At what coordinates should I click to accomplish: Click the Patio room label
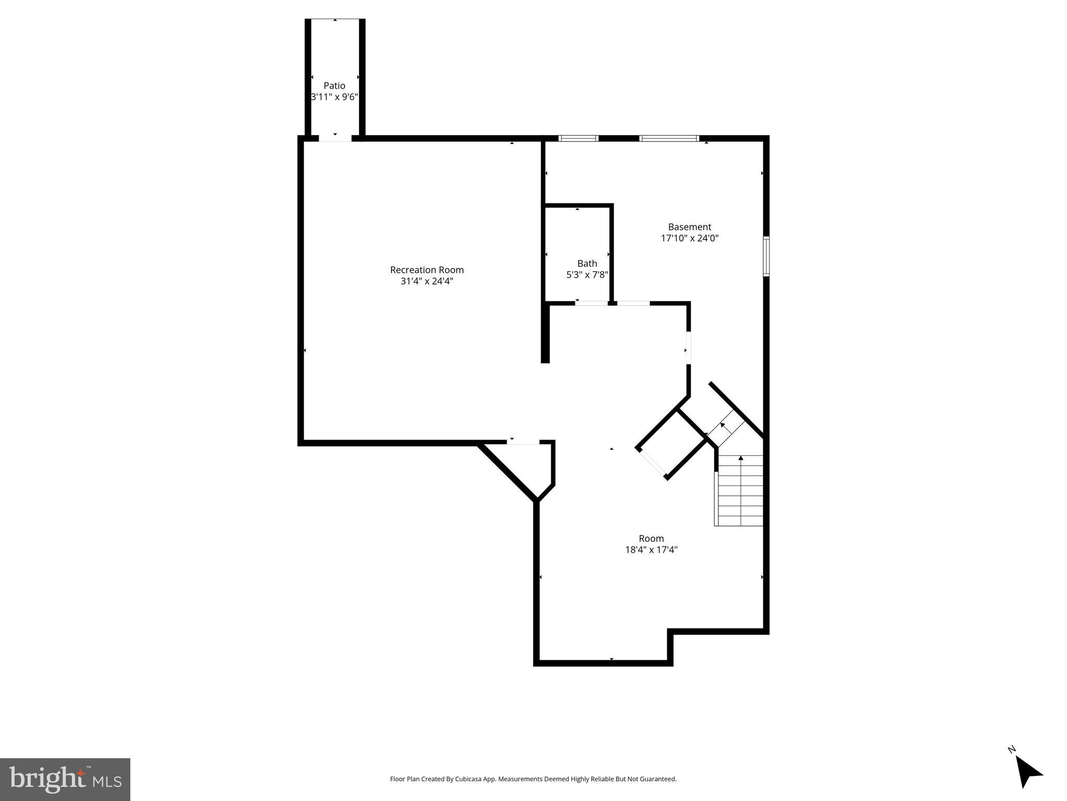(334, 86)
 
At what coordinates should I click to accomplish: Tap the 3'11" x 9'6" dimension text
(334, 97)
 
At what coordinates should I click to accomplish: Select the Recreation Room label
(426, 270)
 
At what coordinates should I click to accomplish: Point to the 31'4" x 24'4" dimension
(426, 281)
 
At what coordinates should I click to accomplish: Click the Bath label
(587, 263)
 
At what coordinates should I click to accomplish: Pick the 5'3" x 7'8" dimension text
(587, 275)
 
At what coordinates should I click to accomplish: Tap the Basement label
(689, 227)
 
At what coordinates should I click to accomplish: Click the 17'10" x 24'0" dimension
(689, 238)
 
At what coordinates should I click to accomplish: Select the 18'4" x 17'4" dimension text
(651, 550)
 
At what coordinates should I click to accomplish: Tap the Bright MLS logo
(65, 779)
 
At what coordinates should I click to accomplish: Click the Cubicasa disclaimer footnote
(533, 779)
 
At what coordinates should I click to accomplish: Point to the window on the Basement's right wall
(766, 256)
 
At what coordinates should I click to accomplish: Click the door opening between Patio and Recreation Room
(335, 138)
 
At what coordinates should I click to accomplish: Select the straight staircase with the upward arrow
(740, 490)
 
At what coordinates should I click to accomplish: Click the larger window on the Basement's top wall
(669, 138)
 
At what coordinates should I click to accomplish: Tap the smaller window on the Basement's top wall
(578, 138)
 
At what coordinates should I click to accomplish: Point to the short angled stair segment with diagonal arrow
(726, 427)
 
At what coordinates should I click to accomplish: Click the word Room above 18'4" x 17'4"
(651, 538)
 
